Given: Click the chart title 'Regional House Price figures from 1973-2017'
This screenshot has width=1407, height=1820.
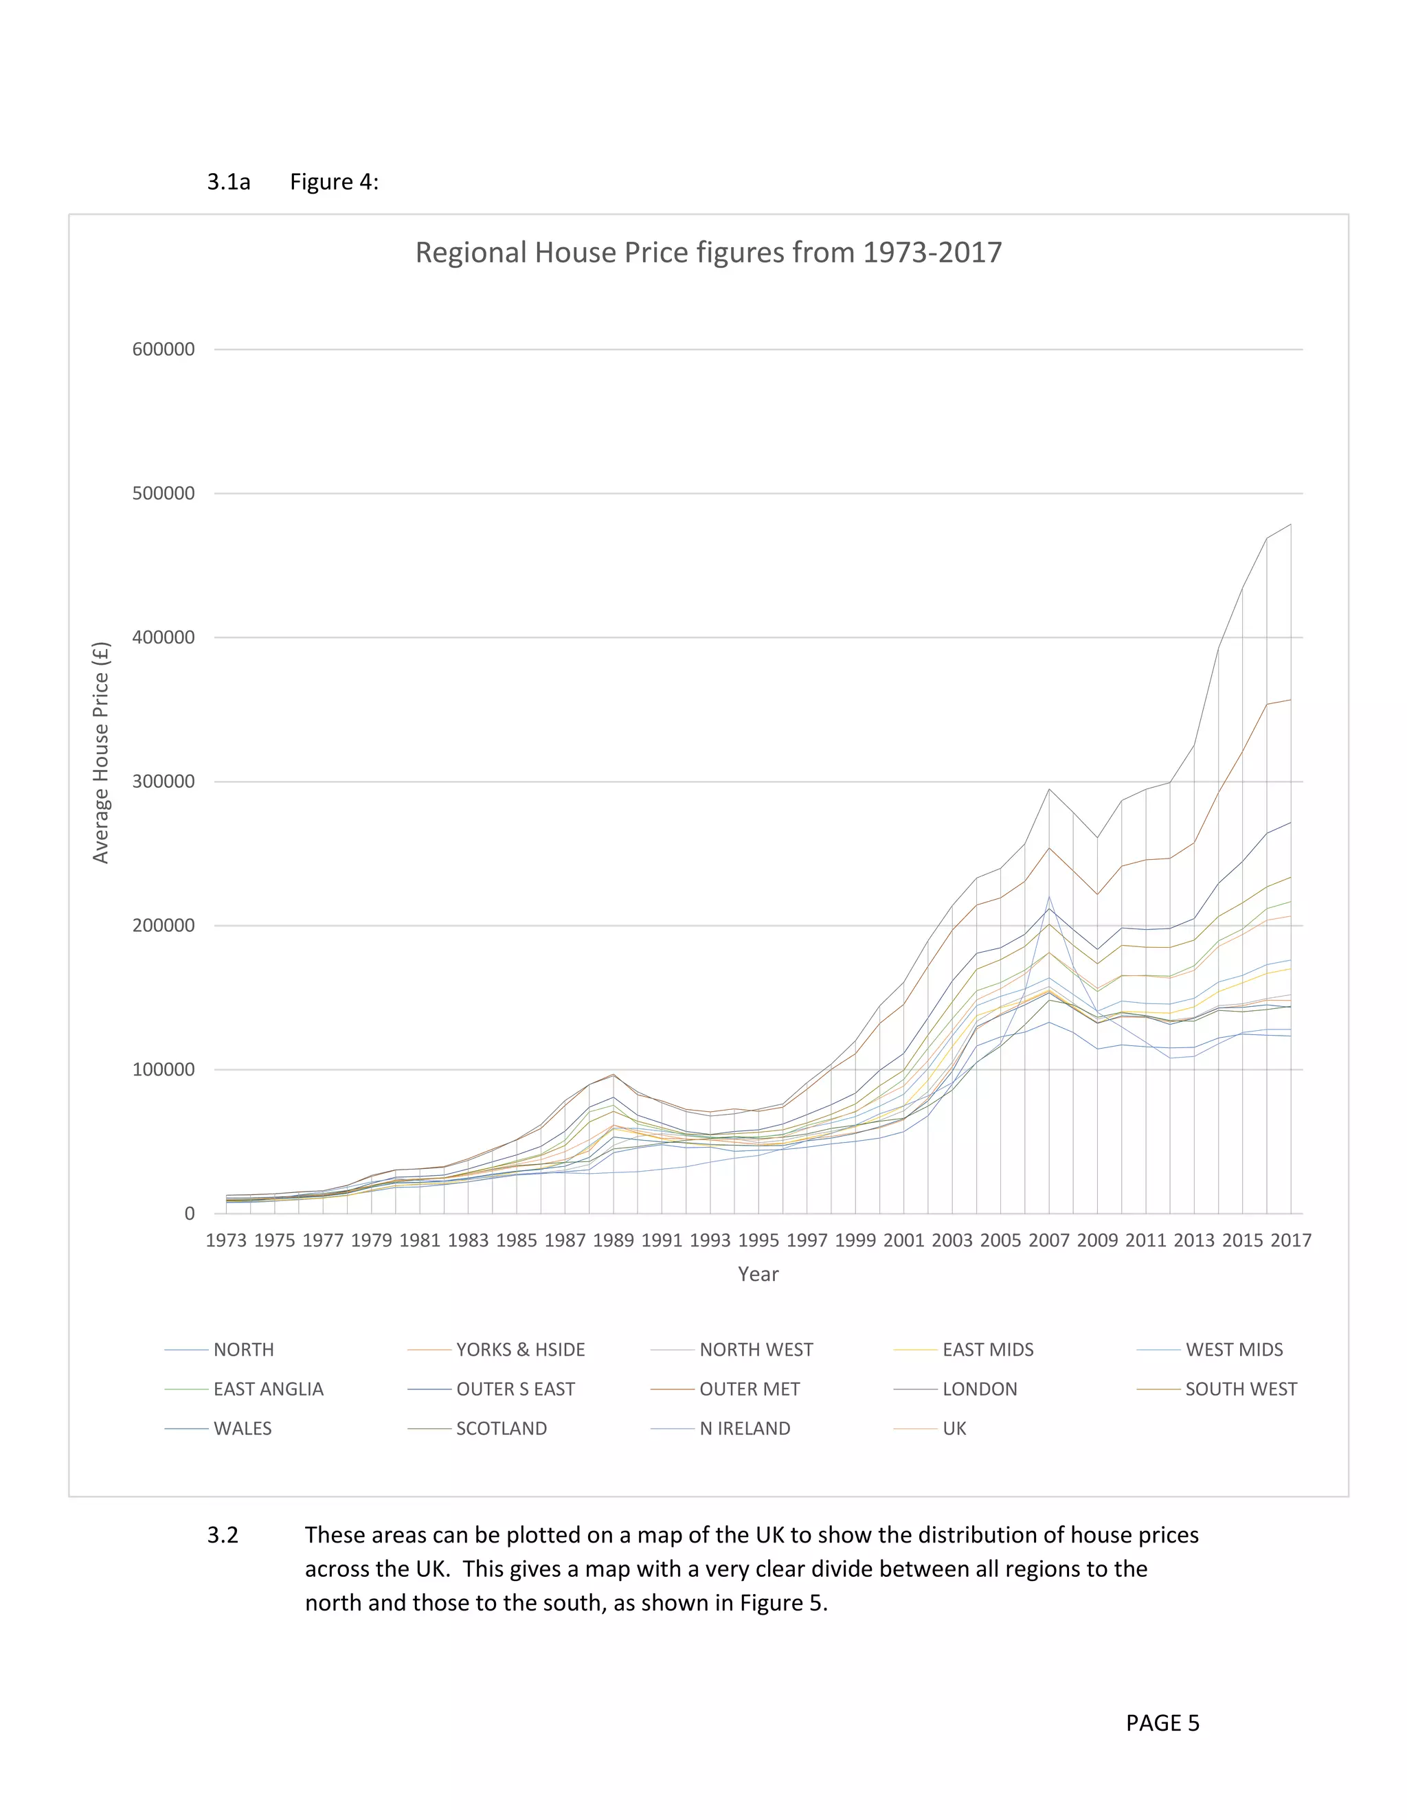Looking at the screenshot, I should point(708,253).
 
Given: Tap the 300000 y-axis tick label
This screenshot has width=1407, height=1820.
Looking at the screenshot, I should point(164,782).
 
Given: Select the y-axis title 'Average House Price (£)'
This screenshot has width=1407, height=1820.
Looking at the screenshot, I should point(101,753).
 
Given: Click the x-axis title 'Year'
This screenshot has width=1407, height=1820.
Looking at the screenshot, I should point(758,1274).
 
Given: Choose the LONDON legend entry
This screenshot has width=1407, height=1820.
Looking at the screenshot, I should point(980,1389).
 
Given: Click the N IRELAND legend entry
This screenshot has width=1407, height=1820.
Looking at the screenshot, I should point(744,1429).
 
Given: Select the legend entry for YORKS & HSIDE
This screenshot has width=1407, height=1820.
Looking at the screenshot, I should point(520,1350).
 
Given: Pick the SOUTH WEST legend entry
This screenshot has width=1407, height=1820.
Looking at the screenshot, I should point(1240,1389).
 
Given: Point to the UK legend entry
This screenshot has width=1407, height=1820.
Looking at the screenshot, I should point(954,1429).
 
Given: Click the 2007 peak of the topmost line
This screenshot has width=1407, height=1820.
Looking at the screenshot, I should point(1048,788).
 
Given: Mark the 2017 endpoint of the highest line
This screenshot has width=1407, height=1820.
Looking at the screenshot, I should point(1290,524).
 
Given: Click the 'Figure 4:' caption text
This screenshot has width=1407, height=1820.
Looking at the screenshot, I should point(333,182).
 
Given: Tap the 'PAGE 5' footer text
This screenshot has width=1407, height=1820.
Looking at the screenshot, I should point(1162,1723).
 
